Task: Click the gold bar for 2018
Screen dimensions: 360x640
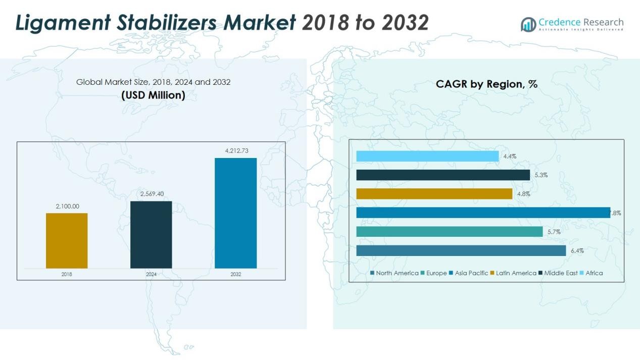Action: click(67, 240)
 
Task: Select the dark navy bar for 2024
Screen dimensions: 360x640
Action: click(151, 234)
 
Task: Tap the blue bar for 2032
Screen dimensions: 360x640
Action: click(235, 213)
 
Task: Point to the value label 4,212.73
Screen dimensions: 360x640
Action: click(235, 150)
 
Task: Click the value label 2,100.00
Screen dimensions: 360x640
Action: click(67, 206)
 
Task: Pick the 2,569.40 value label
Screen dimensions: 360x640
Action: click(151, 194)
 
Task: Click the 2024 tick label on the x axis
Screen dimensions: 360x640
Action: click(151, 274)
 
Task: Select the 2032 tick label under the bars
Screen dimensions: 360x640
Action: click(235, 274)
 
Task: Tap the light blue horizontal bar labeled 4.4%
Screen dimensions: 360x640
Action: click(427, 157)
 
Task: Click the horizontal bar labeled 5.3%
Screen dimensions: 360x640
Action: click(443, 175)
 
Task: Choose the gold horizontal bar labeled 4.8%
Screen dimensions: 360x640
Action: click(434, 194)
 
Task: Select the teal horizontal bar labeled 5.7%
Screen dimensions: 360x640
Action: click(450, 232)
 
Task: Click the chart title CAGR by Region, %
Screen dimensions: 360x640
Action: click(486, 84)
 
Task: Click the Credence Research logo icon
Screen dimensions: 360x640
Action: click(528, 24)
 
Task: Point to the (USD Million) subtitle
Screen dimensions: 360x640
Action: click(153, 95)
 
